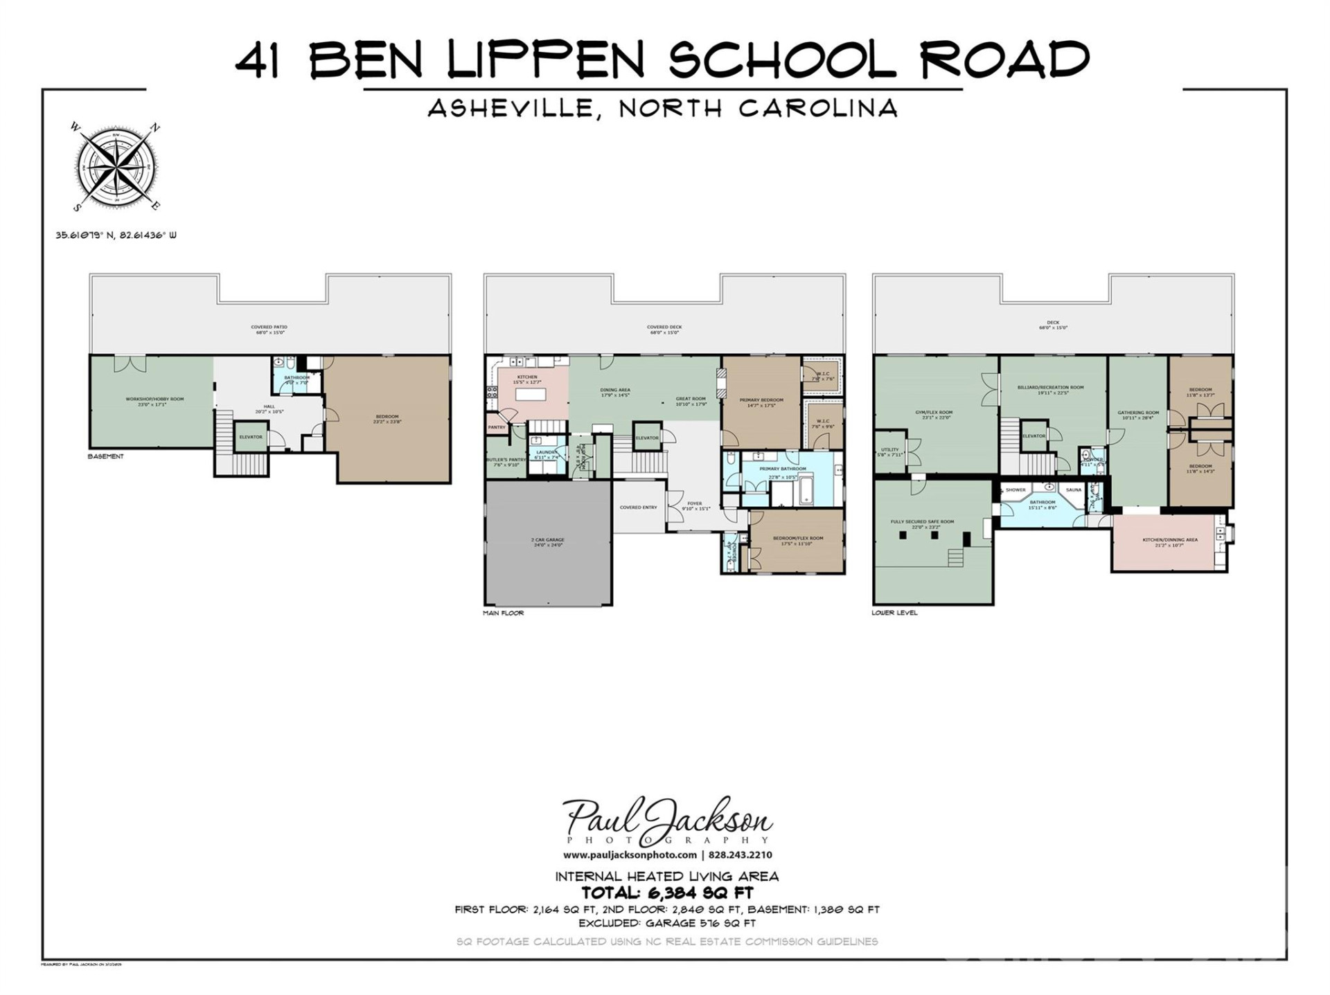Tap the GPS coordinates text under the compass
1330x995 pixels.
pyautogui.click(x=116, y=235)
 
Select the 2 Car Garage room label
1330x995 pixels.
pyautogui.click(x=548, y=542)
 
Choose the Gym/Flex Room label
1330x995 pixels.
pyautogui.click(x=934, y=415)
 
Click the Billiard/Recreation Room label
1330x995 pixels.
pyautogui.click(x=1050, y=390)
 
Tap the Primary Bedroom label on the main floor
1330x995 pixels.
pyautogui.click(x=761, y=402)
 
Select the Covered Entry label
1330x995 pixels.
pyautogui.click(x=638, y=508)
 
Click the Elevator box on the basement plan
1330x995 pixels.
pyautogui.click(x=251, y=437)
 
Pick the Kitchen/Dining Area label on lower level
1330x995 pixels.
pyautogui.click(x=1169, y=542)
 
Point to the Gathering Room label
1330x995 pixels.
pyautogui.click(x=1137, y=415)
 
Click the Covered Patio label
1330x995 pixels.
pyautogui.click(x=269, y=329)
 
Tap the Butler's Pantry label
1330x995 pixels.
pyautogui.click(x=506, y=462)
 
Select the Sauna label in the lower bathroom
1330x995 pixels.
pyautogui.click(x=1073, y=490)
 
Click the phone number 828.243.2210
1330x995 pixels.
pyautogui.click(x=740, y=855)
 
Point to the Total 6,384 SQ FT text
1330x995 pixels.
pyautogui.click(x=666, y=893)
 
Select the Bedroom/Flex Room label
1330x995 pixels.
pyautogui.click(x=797, y=540)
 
